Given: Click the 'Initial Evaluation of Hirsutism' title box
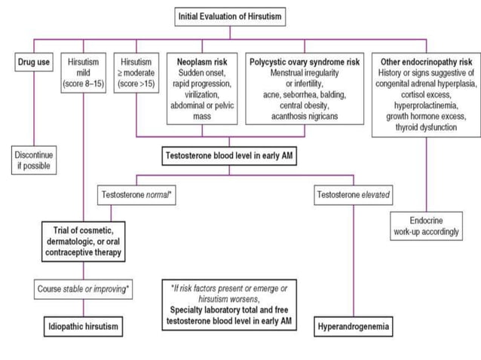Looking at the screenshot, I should (231, 15).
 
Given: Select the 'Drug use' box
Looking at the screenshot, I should (34, 63).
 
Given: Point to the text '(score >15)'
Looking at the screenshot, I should (136, 84).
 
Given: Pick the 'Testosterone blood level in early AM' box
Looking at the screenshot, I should (231, 157).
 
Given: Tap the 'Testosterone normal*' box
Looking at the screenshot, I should (137, 195).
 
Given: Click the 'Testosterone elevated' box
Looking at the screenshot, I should (354, 195).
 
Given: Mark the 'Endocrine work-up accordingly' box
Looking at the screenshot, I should (424, 226).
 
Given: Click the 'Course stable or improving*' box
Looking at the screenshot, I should (83, 289).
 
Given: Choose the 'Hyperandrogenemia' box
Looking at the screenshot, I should (354, 328).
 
